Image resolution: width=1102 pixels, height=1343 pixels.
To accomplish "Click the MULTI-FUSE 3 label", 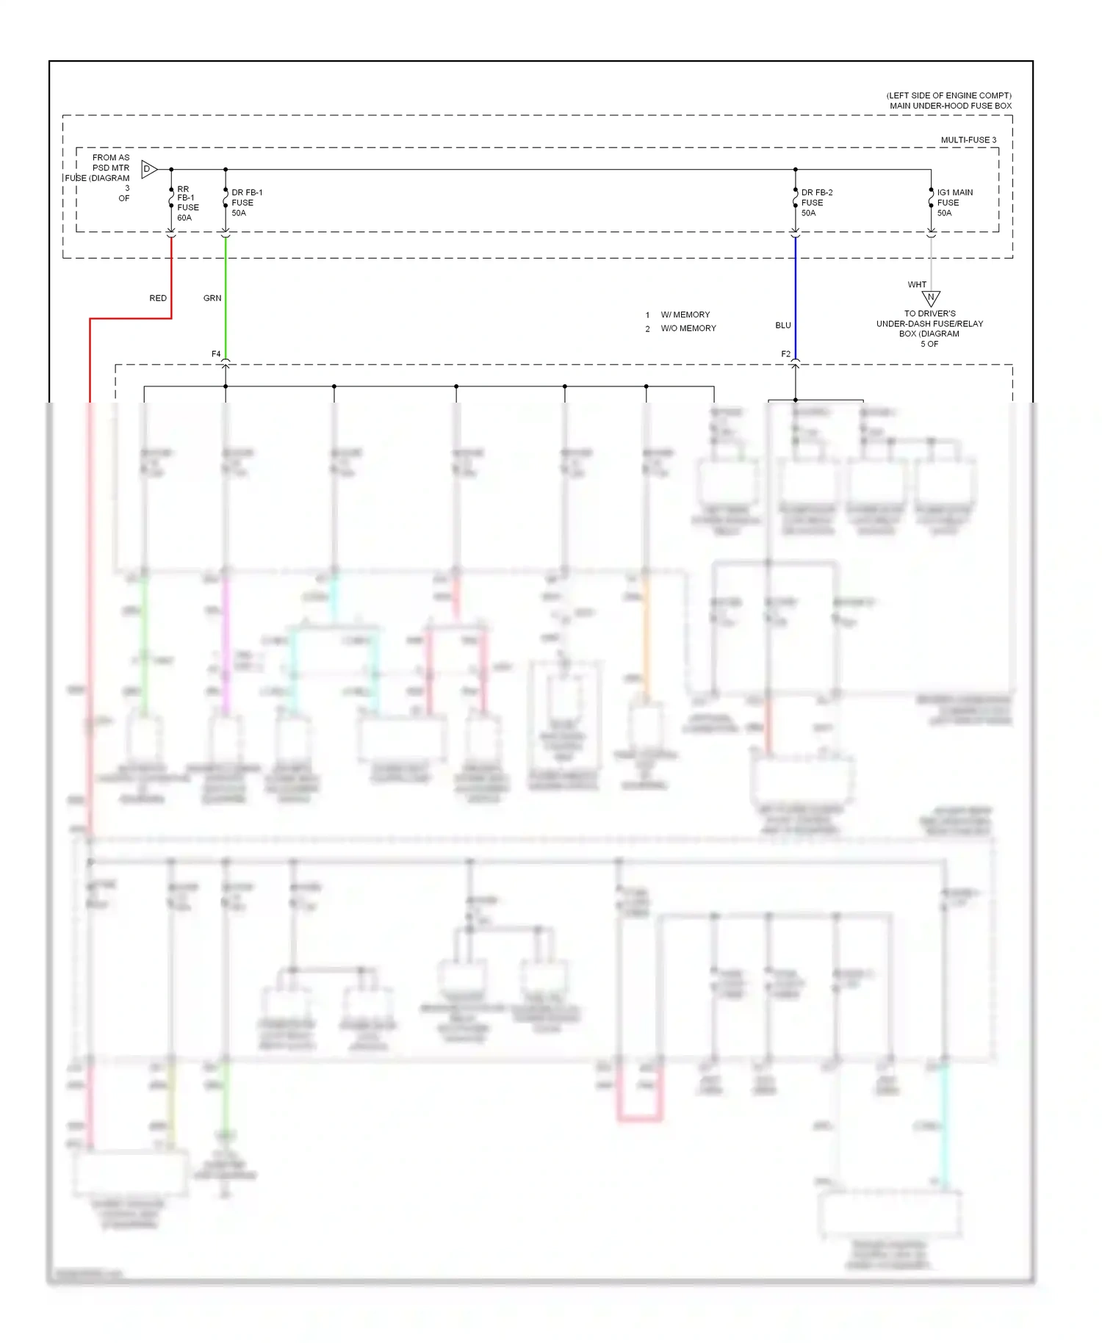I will tap(968, 140).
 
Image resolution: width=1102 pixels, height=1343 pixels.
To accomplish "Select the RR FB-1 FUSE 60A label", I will tap(187, 204).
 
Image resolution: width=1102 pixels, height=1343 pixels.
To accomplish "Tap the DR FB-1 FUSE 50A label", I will tap(246, 203).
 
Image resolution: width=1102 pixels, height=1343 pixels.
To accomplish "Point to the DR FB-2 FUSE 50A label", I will tap(816, 203).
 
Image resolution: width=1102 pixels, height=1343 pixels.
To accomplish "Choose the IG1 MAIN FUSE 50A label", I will tap(954, 203).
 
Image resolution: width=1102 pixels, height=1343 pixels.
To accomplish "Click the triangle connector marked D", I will tap(148, 170).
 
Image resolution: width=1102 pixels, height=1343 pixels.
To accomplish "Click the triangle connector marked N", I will tap(931, 298).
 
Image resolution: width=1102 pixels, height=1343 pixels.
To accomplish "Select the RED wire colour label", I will tap(158, 298).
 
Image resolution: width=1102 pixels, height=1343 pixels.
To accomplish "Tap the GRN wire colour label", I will tap(212, 298).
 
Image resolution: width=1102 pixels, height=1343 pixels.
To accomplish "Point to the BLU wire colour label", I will tap(783, 325).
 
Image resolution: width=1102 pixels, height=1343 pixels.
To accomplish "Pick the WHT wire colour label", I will tap(917, 285).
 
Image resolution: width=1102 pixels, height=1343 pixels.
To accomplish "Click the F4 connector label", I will tap(216, 354).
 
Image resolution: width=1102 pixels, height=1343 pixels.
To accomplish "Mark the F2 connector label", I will tap(785, 354).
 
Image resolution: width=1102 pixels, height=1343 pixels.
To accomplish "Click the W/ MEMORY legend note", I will tap(685, 314).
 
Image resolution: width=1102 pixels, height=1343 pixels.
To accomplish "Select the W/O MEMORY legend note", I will tap(688, 328).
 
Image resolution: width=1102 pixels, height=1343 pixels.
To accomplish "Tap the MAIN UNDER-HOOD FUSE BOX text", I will tap(950, 106).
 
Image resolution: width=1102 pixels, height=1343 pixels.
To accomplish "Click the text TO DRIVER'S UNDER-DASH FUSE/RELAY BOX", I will tap(929, 323).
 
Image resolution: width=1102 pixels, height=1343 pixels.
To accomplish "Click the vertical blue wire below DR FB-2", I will tap(796, 294).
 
